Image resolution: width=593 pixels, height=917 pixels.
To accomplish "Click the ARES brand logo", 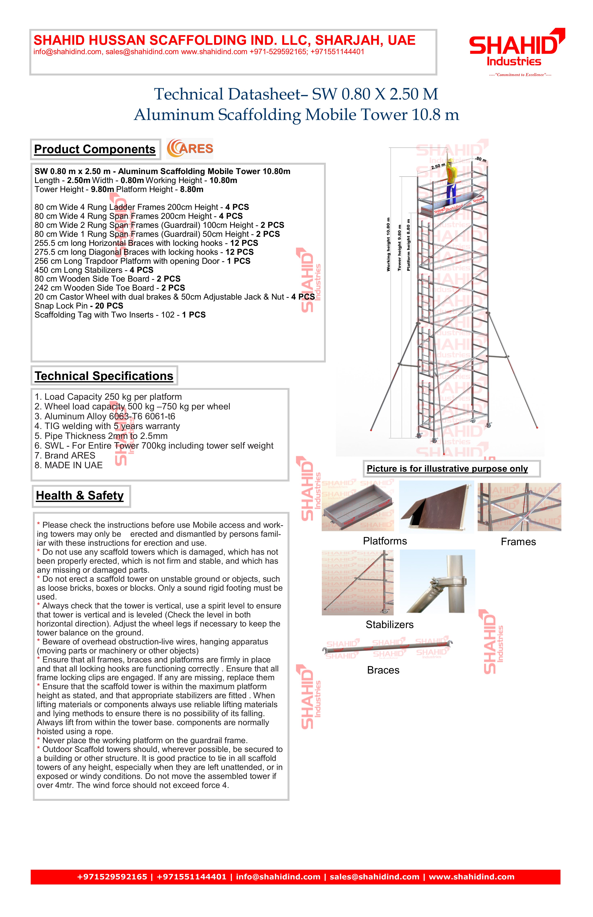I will tap(190, 149).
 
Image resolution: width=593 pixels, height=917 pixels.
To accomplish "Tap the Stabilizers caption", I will tap(389, 625).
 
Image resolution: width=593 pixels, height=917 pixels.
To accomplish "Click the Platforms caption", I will tap(385, 541).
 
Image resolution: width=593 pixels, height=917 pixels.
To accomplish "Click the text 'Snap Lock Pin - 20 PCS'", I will tap(79, 306).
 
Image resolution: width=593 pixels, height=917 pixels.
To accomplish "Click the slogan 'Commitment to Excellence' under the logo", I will tap(520, 75).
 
